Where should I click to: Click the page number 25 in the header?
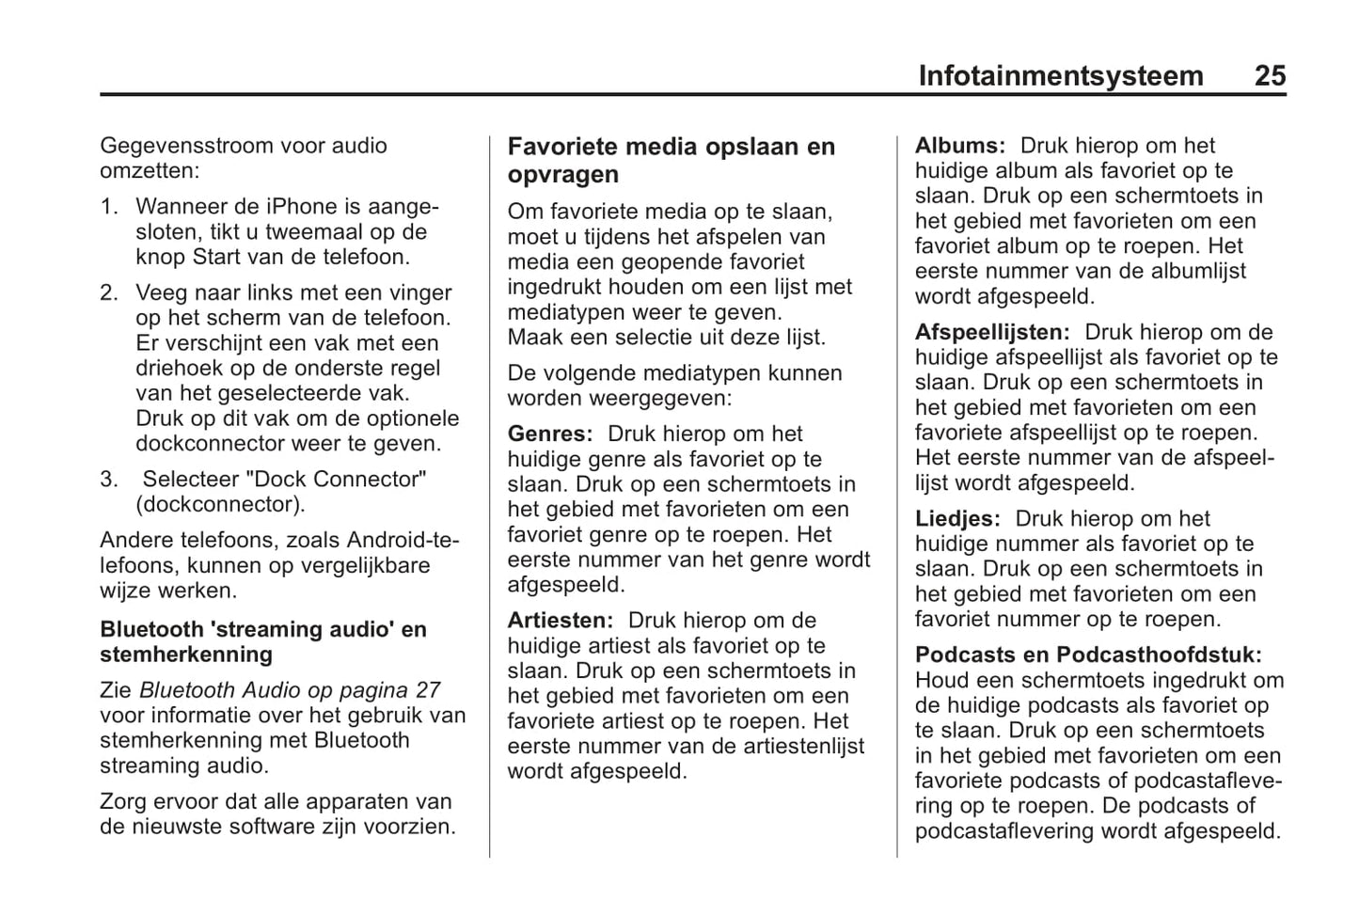tap(1269, 76)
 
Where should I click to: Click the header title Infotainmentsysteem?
tap(1060, 76)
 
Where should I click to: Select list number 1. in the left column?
tap(109, 207)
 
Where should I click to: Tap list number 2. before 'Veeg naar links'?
tap(109, 293)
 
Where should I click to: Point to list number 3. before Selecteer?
tap(109, 480)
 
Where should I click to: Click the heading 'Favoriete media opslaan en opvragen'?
tap(671, 161)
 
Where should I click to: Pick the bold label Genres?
tap(550, 434)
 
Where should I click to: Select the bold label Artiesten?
tap(561, 621)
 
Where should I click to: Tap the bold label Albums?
tap(960, 146)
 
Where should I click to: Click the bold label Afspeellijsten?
tap(992, 332)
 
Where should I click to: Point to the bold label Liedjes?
tap(957, 519)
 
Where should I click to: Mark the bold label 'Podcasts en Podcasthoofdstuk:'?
tap(1088, 655)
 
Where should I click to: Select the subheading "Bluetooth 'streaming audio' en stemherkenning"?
tap(263, 642)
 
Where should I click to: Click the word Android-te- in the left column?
tap(403, 541)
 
